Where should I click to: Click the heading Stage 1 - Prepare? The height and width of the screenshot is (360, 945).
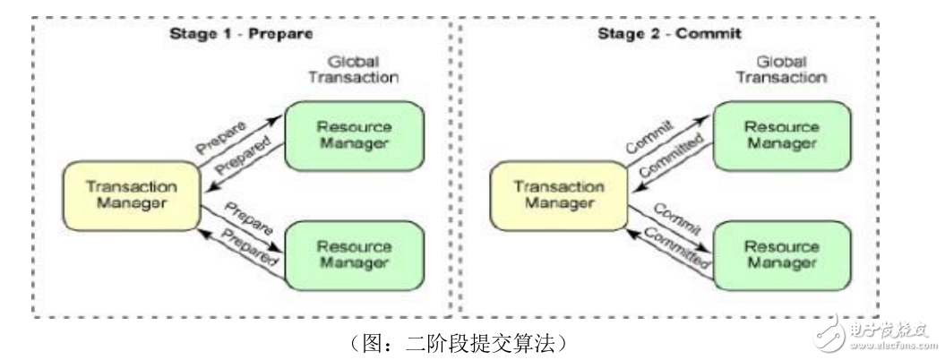coord(241,36)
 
